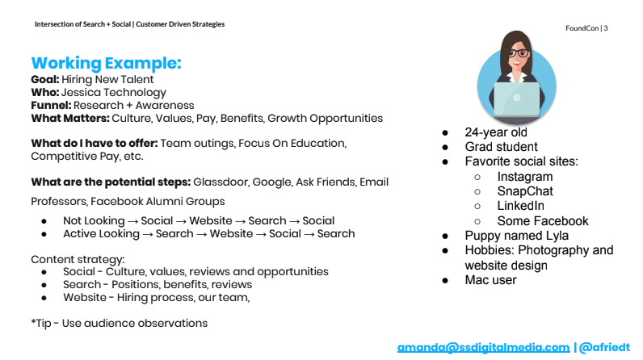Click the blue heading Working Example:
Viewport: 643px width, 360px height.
(x=106, y=63)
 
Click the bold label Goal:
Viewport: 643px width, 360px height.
(x=44, y=79)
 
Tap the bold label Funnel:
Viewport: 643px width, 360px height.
(x=51, y=105)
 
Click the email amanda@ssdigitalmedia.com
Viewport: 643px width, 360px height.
(x=483, y=347)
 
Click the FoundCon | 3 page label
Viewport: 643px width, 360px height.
(x=587, y=28)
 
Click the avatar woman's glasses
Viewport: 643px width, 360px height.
(x=516, y=53)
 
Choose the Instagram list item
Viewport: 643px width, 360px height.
(x=525, y=177)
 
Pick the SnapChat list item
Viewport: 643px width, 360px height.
(x=525, y=191)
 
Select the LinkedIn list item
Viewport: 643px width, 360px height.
(x=521, y=206)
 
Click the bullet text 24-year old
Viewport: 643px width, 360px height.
(x=496, y=132)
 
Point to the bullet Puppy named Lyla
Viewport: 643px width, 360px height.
(x=516, y=236)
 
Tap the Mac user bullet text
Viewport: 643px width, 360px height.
(x=490, y=280)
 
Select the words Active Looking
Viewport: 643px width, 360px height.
(x=99, y=233)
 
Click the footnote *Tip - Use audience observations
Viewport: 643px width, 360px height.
(x=119, y=323)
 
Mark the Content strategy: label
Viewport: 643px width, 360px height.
(x=77, y=259)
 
